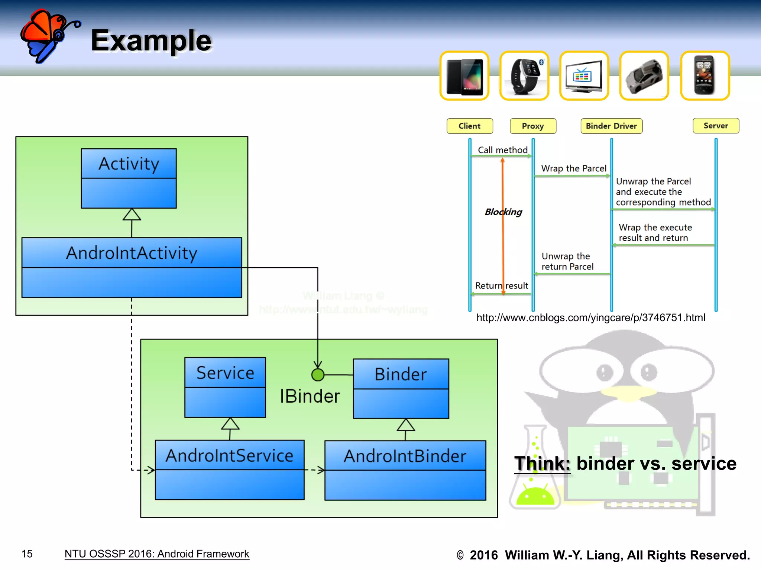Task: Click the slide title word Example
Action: (x=151, y=41)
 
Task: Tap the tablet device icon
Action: (x=464, y=76)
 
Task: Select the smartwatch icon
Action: (x=524, y=76)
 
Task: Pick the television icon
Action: (x=584, y=76)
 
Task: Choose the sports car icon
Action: (x=644, y=76)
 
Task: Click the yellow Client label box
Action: (x=470, y=126)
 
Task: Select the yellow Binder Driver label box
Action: (x=611, y=126)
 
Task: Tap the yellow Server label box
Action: (x=716, y=126)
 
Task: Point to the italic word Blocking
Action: (x=503, y=212)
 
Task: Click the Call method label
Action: (x=502, y=150)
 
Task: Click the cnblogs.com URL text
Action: (x=590, y=317)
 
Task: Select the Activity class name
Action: (x=129, y=164)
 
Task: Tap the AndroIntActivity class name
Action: (x=132, y=253)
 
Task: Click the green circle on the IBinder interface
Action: (x=318, y=375)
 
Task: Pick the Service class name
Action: (x=225, y=372)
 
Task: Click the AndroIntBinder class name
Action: (x=405, y=456)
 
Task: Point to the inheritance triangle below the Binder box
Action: (x=406, y=425)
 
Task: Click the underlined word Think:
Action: (x=542, y=464)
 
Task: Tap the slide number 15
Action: (x=27, y=554)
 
